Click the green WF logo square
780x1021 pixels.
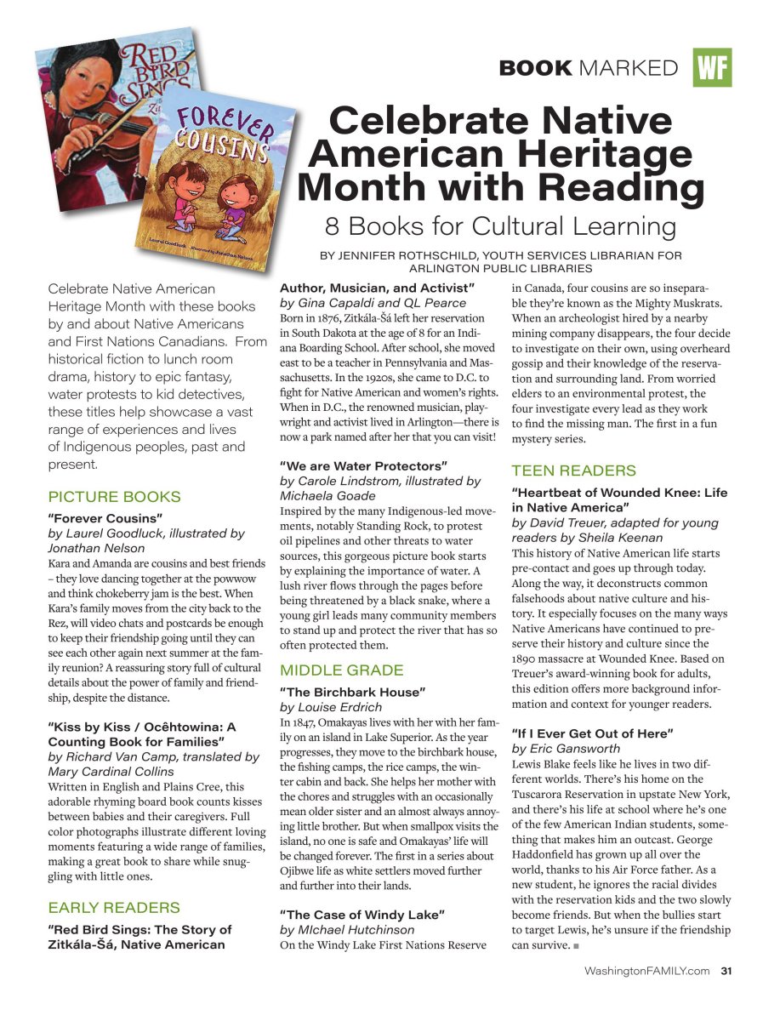coord(712,68)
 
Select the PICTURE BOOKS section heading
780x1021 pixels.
coord(114,497)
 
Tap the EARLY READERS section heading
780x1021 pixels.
coord(114,907)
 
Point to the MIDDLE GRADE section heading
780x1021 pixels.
coord(342,670)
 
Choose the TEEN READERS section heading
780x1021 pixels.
coord(573,471)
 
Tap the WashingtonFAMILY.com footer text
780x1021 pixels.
coord(646,970)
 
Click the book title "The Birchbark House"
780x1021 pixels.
coord(352,693)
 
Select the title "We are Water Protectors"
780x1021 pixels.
coord(363,466)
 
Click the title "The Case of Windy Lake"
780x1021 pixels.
coord(362,915)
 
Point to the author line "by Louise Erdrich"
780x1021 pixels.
coord(331,707)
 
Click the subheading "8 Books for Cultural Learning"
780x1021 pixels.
coord(500,226)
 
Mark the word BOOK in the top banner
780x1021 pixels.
coord(536,68)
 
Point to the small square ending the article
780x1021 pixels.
coord(576,946)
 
